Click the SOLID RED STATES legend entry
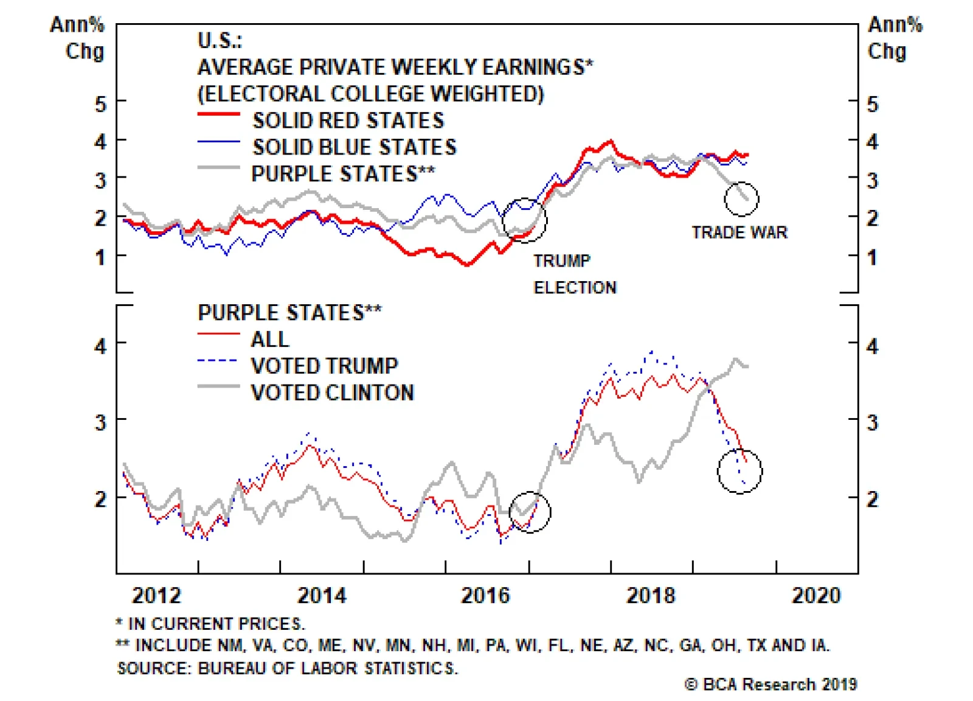(x=348, y=120)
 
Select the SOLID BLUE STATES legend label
(x=354, y=147)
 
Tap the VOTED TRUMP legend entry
(x=324, y=366)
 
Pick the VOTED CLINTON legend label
(x=332, y=392)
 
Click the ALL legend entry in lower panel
(x=270, y=339)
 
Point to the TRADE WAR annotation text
(x=739, y=232)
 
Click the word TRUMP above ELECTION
(x=562, y=261)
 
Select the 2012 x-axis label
(x=156, y=595)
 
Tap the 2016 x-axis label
(x=485, y=595)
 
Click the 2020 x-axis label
(x=816, y=595)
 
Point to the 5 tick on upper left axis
(x=100, y=104)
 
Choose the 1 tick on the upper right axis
(x=872, y=257)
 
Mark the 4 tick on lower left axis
(x=100, y=346)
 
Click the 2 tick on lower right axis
(x=872, y=500)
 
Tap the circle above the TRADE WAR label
(x=741, y=199)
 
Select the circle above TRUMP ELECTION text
(x=524, y=220)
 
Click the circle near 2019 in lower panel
(x=739, y=472)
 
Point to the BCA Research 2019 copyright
(x=770, y=685)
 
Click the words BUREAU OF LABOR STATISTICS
(x=328, y=668)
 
